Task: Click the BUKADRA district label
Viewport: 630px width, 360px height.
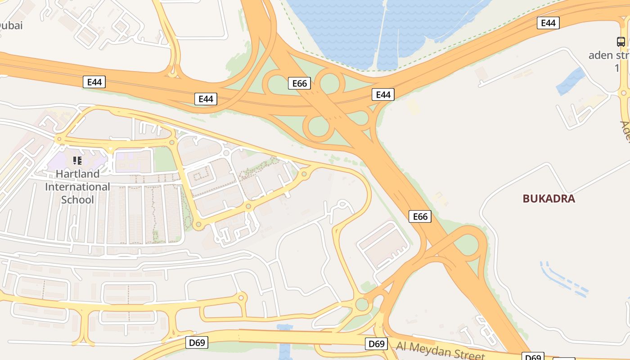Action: pyautogui.click(x=549, y=198)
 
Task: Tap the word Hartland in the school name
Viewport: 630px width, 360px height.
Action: pyautogui.click(x=77, y=174)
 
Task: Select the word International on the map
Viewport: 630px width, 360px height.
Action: pyautogui.click(x=77, y=187)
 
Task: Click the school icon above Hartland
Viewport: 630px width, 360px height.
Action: pyautogui.click(x=77, y=160)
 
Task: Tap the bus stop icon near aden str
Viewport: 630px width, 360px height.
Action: pyautogui.click(x=621, y=42)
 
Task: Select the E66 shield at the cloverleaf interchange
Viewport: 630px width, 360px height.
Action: pyautogui.click(x=299, y=83)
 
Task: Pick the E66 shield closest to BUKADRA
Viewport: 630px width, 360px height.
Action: pyautogui.click(x=420, y=216)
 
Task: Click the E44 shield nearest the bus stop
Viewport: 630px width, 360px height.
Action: pyautogui.click(x=548, y=23)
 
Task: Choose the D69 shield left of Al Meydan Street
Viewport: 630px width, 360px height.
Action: pyautogui.click(x=377, y=344)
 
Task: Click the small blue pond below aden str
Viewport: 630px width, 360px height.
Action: pyautogui.click(x=571, y=81)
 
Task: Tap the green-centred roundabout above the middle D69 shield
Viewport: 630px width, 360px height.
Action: pyautogui.click(x=362, y=304)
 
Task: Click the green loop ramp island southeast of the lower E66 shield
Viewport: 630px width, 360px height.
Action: pyautogui.click(x=468, y=245)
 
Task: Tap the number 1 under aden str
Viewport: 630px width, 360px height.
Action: pyautogui.click(x=617, y=68)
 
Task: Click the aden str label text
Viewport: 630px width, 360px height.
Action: pyautogui.click(x=608, y=55)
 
